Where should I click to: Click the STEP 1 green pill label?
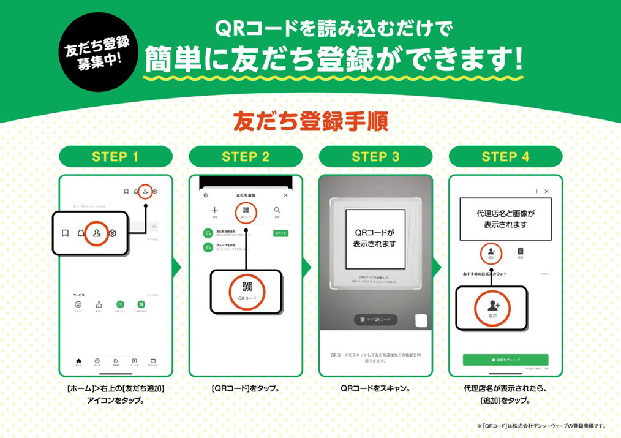pyautogui.click(x=115, y=157)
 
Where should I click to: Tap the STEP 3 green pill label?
pyautogui.click(x=375, y=157)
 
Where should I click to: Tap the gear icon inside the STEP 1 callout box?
pyautogui.click(x=113, y=233)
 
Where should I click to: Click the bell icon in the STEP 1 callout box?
pyautogui.click(x=81, y=233)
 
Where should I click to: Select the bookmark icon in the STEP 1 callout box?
pyautogui.click(x=65, y=233)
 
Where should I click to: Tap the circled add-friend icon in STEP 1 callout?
pyautogui.click(x=97, y=233)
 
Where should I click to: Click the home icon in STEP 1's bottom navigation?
pyautogui.click(x=78, y=361)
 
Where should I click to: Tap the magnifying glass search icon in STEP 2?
pyautogui.click(x=277, y=210)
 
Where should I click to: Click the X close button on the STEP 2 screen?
pyautogui.click(x=285, y=195)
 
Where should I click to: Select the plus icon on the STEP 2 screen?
pyautogui.click(x=214, y=210)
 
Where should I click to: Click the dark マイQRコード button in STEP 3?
pyautogui.click(x=375, y=320)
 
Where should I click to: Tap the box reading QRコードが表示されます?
pyautogui.click(x=375, y=239)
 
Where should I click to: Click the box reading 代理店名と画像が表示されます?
pyautogui.click(x=505, y=219)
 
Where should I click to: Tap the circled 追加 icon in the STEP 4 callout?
pyautogui.click(x=492, y=308)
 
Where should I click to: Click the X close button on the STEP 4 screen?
pyautogui.click(x=547, y=191)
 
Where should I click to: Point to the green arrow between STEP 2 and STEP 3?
pyautogui.click(x=307, y=268)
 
